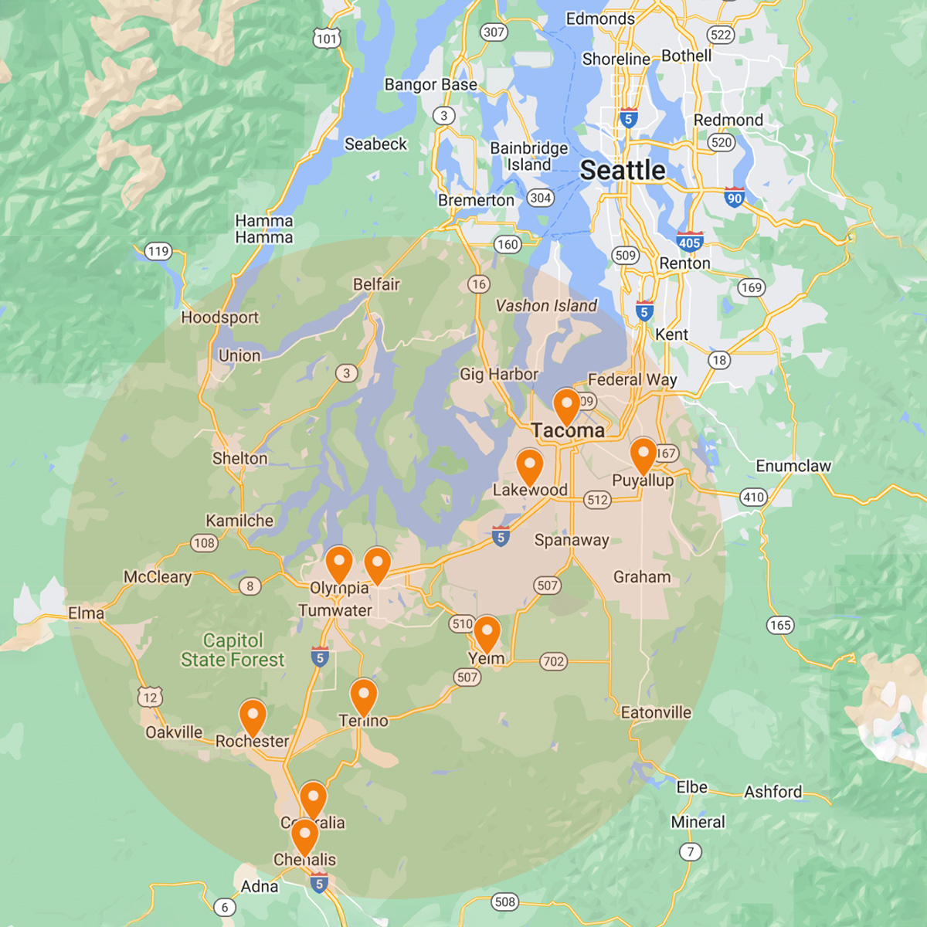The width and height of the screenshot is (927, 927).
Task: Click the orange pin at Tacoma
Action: coord(566,405)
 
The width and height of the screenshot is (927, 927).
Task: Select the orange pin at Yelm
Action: coord(487,633)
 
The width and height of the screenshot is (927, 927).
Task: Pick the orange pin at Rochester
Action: coord(253,717)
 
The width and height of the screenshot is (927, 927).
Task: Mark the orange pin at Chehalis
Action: coord(304,836)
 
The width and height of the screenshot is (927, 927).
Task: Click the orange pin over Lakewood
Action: coord(529,467)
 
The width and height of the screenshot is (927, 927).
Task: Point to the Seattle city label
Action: coord(623,170)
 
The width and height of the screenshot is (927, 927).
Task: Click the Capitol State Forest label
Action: coord(233,650)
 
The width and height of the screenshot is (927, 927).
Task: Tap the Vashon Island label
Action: coord(546,306)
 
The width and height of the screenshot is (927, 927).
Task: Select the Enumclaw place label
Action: coord(793,466)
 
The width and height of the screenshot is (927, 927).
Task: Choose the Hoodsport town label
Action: coord(220,317)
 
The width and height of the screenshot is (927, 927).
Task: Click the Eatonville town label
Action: coord(656,712)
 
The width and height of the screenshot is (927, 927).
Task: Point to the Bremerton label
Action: coord(476,200)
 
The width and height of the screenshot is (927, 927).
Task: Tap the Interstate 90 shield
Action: coord(735,198)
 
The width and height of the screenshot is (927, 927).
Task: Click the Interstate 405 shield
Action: coord(690,242)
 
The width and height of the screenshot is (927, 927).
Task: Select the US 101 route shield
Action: coord(327,39)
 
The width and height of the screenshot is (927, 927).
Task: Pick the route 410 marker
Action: coord(754,497)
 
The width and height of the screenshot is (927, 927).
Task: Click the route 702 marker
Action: coord(553,661)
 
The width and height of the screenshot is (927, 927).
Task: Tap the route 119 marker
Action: coord(158,251)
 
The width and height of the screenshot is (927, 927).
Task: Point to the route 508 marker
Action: coord(505,902)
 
